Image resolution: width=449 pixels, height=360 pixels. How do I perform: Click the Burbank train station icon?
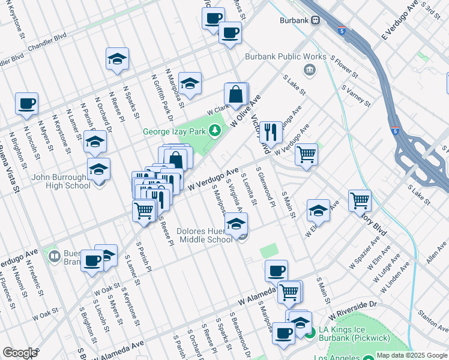pyautogui.click(x=315, y=20)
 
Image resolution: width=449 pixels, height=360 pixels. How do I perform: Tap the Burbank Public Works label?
pyautogui.click(x=286, y=57)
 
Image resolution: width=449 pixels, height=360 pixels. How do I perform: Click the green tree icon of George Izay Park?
pyautogui.click(x=214, y=131)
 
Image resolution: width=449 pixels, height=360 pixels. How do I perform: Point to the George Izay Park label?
pyautogui.click(x=173, y=132)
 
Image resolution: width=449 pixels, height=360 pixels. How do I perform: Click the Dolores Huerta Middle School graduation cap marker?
pyautogui.click(x=236, y=224)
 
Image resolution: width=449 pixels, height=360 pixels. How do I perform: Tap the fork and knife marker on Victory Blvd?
pyautogui.click(x=271, y=133)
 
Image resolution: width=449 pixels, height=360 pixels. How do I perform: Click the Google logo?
pyautogui.click(x=20, y=353)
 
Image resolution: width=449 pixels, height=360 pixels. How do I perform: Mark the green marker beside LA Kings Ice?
pyautogui.click(x=310, y=332)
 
